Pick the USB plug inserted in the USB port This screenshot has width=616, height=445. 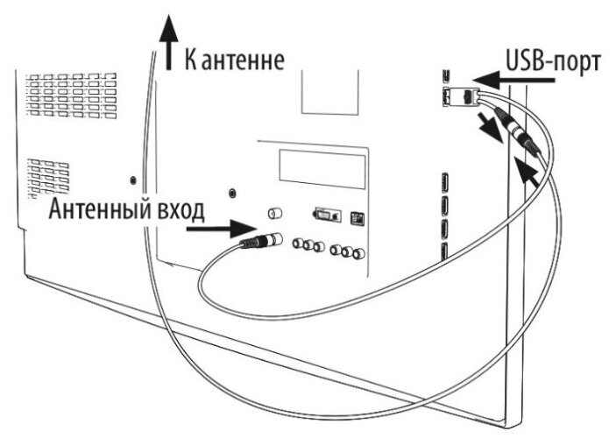468,97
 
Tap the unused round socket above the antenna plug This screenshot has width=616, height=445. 272,213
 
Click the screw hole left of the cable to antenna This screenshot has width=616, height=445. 131,180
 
